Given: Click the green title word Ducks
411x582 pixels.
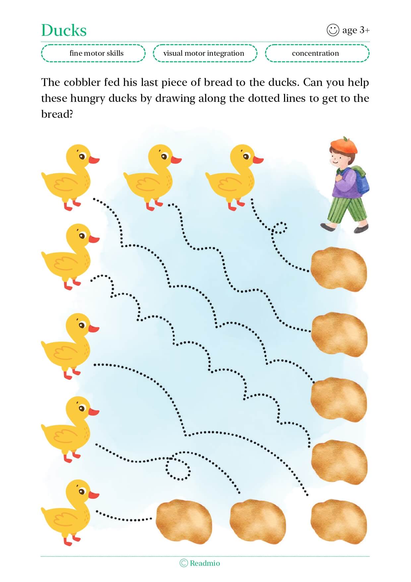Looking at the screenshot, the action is (x=64, y=30).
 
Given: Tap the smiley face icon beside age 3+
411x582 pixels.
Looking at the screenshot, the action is (x=333, y=30).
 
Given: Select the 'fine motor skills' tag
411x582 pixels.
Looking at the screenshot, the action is (x=93, y=53).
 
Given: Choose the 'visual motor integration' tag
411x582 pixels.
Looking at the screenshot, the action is (x=205, y=53).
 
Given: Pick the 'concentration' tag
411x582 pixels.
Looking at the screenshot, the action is (x=317, y=53).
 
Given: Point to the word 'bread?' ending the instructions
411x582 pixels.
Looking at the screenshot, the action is (x=57, y=114).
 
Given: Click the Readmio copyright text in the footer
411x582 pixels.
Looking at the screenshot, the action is (x=200, y=563).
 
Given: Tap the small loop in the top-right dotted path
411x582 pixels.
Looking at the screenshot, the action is (x=279, y=227).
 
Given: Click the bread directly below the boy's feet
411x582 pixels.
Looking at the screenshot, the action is (x=339, y=269).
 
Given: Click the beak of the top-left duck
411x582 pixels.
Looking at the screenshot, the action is (x=94, y=160).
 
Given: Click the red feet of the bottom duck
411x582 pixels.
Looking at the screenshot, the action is (x=71, y=539).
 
